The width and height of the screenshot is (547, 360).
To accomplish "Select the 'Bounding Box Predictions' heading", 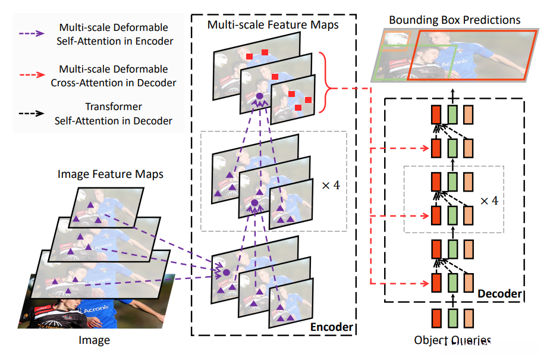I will (x=454, y=20).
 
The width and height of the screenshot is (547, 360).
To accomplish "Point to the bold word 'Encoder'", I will (x=331, y=327).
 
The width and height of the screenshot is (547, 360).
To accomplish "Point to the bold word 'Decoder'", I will (x=499, y=294).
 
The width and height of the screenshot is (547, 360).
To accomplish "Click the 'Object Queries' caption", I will (x=453, y=341).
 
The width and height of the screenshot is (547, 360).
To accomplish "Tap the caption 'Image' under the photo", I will (x=94, y=340).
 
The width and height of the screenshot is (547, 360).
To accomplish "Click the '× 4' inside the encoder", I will (x=330, y=185).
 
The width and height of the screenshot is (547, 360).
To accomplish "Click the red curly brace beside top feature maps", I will (x=324, y=82).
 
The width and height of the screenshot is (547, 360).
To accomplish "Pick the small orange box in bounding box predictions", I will (x=395, y=40).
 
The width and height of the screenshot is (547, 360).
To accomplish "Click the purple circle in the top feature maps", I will (x=259, y=96).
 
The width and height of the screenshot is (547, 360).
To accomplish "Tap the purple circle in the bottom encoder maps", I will (x=226, y=272).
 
